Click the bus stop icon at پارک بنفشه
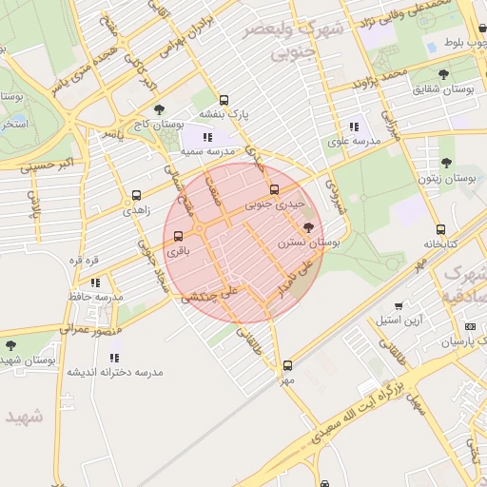click(x=224, y=100)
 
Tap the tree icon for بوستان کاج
click(x=158, y=109)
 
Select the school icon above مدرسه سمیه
click(x=207, y=137)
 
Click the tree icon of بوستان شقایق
click(x=443, y=74)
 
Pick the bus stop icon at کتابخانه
click(x=439, y=229)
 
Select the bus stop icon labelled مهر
click(x=287, y=365)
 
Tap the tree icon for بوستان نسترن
click(x=307, y=227)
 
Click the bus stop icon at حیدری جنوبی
click(x=275, y=189)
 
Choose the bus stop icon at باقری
click(x=179, y=236)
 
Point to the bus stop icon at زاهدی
click(x=136, y=195)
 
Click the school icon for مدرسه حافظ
click(x=95, y=282)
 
